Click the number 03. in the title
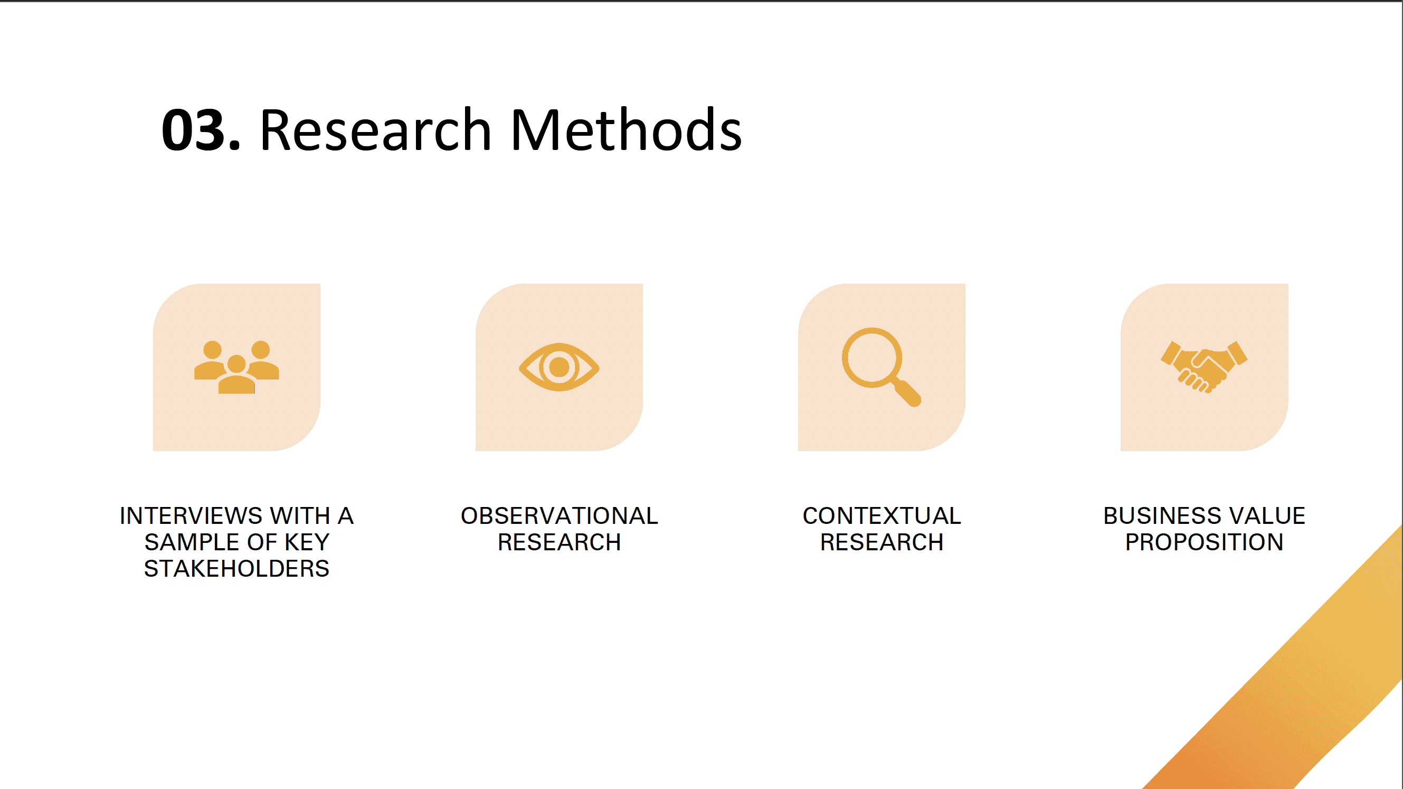tap(201, 131)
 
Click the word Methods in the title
tap(626, 131)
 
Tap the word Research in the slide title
tap(376, 131)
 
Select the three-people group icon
tap(236, 367)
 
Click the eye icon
tap(559, 367)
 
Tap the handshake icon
tap(1203, 367)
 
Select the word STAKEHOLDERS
tap(236, 569)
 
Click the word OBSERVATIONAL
tap(559, 516)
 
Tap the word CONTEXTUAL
tap(881, 516)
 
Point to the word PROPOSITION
tap(1203, 543)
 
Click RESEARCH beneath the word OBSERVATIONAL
tap(559, 543)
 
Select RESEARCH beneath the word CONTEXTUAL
tap(881, 543)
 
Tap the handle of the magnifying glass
tap(907, 393)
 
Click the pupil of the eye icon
tap(559, 367)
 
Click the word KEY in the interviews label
tap(307, 543)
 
